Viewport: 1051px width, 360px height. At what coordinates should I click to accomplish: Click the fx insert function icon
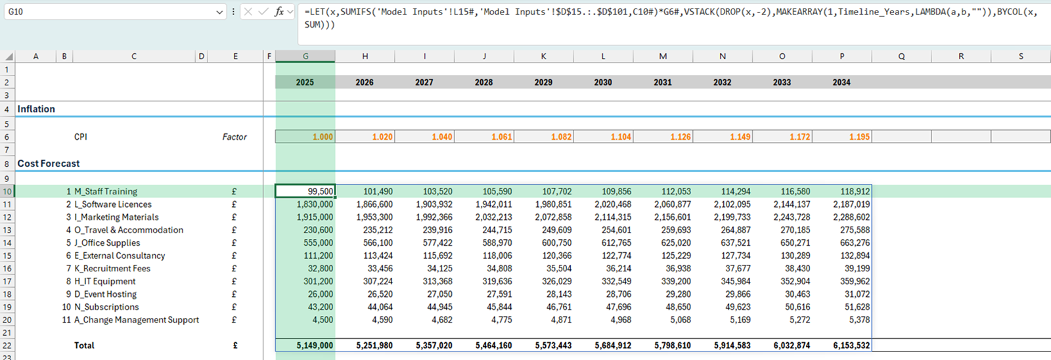pyautogui.click(x=279, y=12)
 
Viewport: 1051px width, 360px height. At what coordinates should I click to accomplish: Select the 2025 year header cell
pyautogui.click(x=305, y=82)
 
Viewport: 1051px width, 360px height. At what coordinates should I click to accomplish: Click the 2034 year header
pyautogui.click(x=841, y=82)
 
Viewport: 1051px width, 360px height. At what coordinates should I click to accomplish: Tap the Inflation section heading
pyautogui.click(x=36, y=109)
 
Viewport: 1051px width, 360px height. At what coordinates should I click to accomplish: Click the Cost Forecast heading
pyautogui.click(x=49, y=164)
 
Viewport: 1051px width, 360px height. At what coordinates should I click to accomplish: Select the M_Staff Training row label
pyautogui.click(x=105, y=191)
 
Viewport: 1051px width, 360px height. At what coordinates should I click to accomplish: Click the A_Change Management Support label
pyautogui.click(x=136, y=320)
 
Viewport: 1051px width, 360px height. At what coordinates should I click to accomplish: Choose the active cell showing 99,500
pyautogui.click(x=305, y=191)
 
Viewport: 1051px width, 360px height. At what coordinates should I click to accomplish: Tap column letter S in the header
pyautogui.click(x=1020, y=56)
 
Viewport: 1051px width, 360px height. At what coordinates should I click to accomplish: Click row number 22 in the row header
pyautogui.click(x=7, y=346)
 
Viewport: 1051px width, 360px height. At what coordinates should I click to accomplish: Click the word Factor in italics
pyautogui.click(x=235, y=137)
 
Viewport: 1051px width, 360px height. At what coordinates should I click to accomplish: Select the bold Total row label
pyautogui.click(x=84, y=346)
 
